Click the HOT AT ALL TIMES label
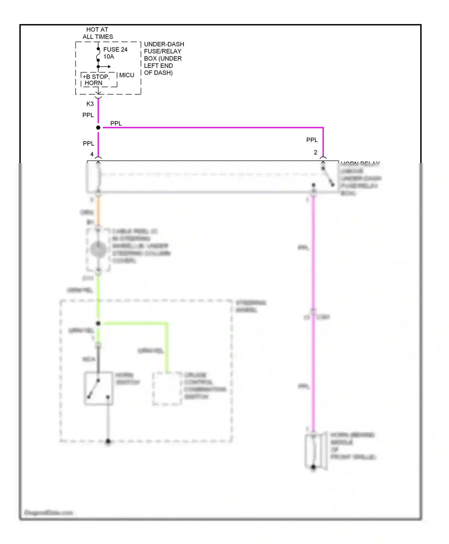click(x=98, y=33)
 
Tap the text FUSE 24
click(x=115, y=49)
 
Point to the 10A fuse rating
click(x=109, y=57)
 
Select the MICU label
click(x=127, y=75)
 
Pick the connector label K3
click(x=90, y=104)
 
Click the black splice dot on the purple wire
click(x=98, y=128)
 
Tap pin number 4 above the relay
click(x=92, y=154)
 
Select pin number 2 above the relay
click(x=315, y=152)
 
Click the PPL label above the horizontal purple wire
click(x=116, y=123)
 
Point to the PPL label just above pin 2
click(x=312, y=140)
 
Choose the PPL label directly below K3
click(x=88, y=115)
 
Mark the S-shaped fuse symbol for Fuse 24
click(x=98, y=55)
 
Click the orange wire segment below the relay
click(x=98, y=211)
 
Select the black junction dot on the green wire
click(x=98, y=323)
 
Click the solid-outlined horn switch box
click(x=98, y=389)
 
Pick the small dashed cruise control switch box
click(x=167, y=389)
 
